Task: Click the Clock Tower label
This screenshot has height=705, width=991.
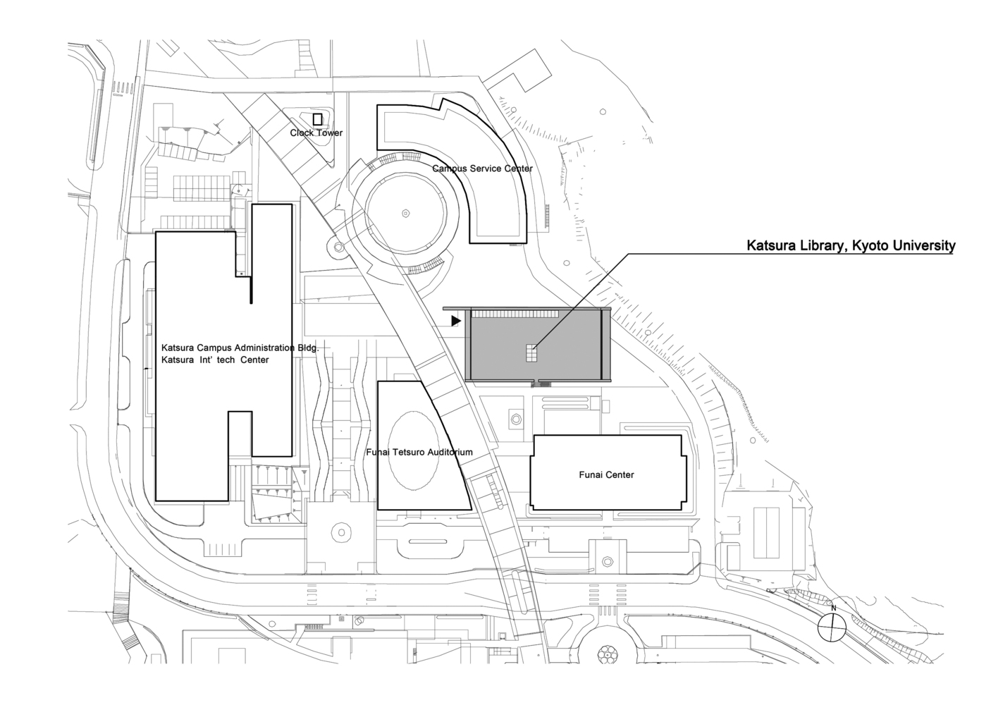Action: [x=316, y=133]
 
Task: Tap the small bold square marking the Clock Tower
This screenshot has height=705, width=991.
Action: [x=317, y=119]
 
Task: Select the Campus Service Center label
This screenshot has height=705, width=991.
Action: [x=482, y=168]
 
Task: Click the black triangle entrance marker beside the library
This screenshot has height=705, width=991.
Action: [x=455, y=321]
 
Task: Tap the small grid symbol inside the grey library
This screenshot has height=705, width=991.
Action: [x=531, y=353]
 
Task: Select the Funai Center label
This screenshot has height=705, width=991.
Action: [x=606, y=474]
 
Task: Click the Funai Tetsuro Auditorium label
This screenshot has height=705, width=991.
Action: [x=419, y=452]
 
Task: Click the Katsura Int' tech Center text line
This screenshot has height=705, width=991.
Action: [x=215, y=360]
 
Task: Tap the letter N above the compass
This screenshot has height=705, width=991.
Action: [x=833, y=608]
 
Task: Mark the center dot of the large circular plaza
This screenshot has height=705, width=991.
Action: [x=405, y=213]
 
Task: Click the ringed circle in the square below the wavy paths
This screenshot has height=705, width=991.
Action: [x=341, y=533]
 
